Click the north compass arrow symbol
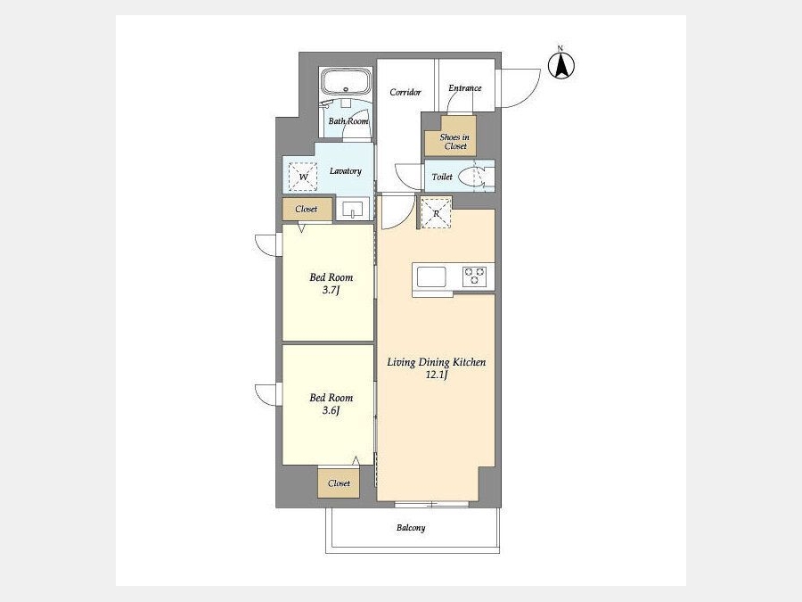pyautogui.click(x=561, y=65)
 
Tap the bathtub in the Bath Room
pyautogui.click(x=346, y=81)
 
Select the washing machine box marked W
pyautogui.click(x=303, y=177)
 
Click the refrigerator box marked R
pyautogui.click(x=436, y=212)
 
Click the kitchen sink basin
pyautogui.click(x=431, y=277)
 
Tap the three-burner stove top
pyautogui.click(x=475, y=276)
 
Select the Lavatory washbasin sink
pyautogui.click(x=352, y=210)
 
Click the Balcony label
pyautogui.click(x=411, y=528)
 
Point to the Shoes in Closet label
pyautogui.click(x=454, y=141)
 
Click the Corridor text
pyautogui.click(x=405, y=92)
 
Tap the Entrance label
pyautogui.click(x=465, y=88)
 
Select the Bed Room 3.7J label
pyautogui.click(x=331, y=284)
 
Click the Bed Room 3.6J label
pyautogui.click(x=331, y=404)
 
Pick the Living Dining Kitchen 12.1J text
pyautogui.click(x=437, y=368)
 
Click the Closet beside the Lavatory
pyautogui.click(x=307, y=209)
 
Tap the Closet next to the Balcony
pyautogui.click(x=339, y=482)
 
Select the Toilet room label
pyautogui.click(x=442, y=177)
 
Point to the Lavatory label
pyautogui.click(x=345, y=171)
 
